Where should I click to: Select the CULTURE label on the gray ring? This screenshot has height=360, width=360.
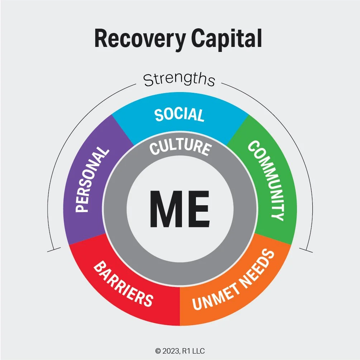(x=180, y=147)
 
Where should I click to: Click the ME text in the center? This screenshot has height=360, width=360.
(x=180, y=208)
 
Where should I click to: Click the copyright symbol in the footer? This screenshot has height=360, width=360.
(x=157, y=351)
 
